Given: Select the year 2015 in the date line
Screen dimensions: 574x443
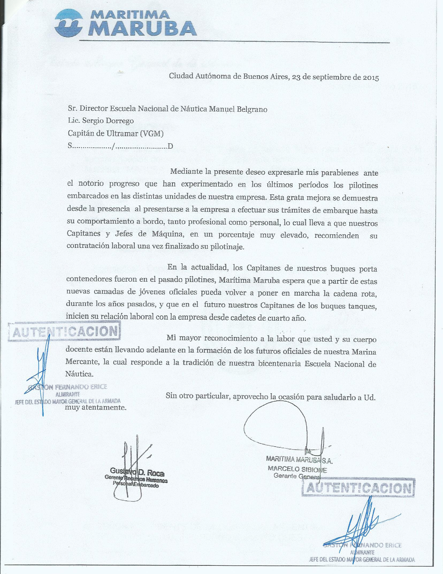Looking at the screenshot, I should point(371,78).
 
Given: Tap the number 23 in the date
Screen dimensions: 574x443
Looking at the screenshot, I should point(296,77).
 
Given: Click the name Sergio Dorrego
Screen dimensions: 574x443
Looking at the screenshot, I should point(108,121).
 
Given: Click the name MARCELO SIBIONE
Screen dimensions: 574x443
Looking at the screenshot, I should point(297,469).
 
